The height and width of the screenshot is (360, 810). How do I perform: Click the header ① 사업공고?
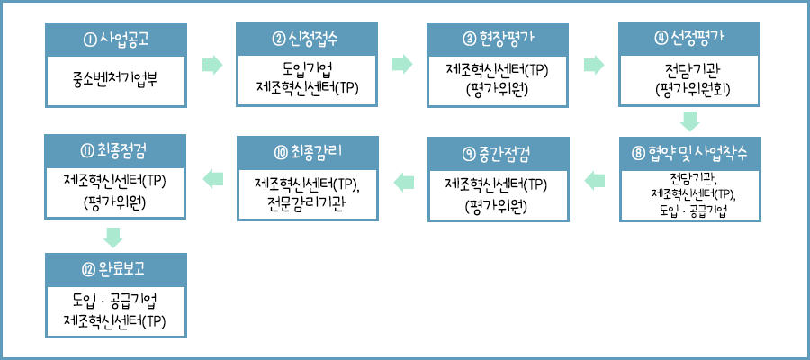point(115,39)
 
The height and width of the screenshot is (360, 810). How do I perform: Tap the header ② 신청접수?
point(307,39)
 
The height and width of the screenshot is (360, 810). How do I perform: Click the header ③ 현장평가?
point(498,39)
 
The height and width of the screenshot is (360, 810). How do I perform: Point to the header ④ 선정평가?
point(690,39)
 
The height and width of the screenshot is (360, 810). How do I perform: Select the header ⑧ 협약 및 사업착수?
point(690,150)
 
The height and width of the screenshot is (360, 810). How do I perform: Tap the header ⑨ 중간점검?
point(498,150)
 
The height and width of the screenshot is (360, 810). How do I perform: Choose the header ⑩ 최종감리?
point(307,150)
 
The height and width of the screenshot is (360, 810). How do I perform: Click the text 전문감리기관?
point(307,201)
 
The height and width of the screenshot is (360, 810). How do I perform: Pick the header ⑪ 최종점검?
point(115,150)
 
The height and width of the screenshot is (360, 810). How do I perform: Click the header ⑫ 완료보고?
point(115,268)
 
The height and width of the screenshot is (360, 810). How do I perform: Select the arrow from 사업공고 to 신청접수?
point(211,64)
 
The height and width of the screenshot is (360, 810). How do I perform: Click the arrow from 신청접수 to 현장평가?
point(402,64)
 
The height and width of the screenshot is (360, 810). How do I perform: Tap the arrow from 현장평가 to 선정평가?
point(594,64)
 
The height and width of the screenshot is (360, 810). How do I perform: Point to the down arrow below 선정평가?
point(690,121)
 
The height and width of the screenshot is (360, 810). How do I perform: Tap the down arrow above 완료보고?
point(113,237)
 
